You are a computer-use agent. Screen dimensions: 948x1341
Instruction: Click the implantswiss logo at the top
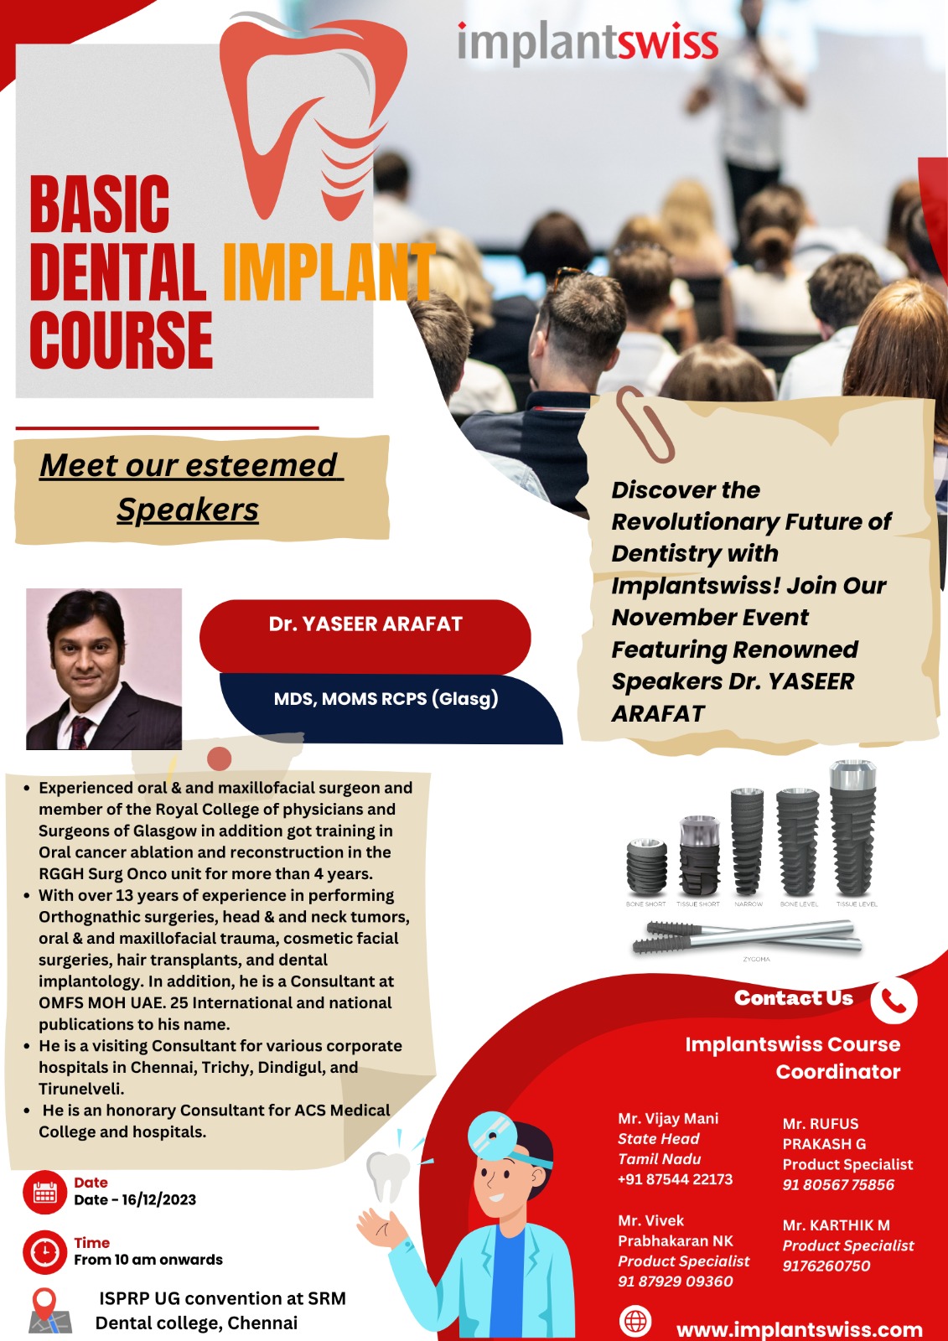(588, 43)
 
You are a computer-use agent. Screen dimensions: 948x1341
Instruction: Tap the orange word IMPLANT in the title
(329, 272)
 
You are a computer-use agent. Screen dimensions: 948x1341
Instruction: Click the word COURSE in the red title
(122, 339)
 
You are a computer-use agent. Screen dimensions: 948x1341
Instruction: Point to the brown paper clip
(645, 424)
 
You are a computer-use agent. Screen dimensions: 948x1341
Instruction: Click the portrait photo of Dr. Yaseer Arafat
(104, 669)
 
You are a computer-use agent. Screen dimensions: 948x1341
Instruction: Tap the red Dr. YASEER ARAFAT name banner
(365, 636)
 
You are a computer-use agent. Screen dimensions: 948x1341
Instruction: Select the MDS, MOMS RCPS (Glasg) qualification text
(386, 699)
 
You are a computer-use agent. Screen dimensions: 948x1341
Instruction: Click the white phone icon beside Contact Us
(894, 1001)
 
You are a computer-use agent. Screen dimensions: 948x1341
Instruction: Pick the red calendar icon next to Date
(45, 1192)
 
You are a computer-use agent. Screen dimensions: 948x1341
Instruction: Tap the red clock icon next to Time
(45, 1252)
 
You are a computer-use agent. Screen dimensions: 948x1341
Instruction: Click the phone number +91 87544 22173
(675, 1179)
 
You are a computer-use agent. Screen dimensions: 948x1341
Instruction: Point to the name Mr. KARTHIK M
(836, 1225)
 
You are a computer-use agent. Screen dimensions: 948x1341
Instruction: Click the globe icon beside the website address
(635, 1319)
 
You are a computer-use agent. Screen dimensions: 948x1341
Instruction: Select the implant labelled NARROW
(748, 841)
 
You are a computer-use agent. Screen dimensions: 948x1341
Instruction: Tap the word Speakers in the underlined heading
(188, 510)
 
